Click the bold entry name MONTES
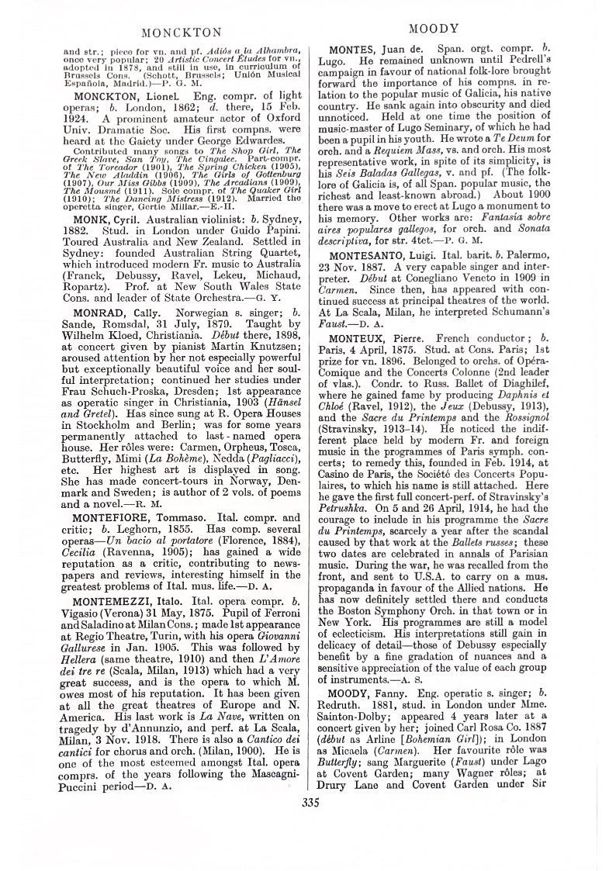coord(356,50)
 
